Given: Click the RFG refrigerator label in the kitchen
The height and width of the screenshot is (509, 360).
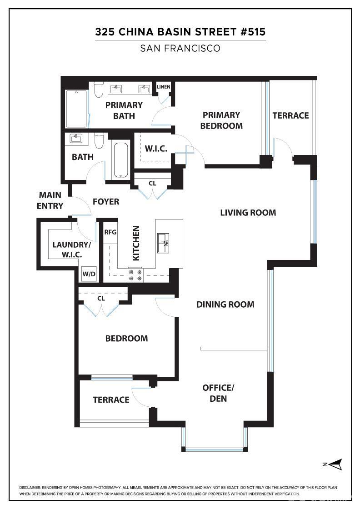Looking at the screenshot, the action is tap(110, 232).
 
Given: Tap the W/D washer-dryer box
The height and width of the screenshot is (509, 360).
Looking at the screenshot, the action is tap(89, 274).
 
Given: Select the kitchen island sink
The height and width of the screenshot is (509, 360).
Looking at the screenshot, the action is tap(163, 243).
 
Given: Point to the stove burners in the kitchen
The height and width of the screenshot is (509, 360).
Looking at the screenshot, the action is tap(135, 275).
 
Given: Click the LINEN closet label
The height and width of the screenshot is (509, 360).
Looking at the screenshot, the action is tap(163, 87).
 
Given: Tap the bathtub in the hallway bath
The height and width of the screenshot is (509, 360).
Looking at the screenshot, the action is tap(121, 160).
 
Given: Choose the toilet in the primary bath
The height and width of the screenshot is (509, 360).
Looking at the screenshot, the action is tap(99, 90).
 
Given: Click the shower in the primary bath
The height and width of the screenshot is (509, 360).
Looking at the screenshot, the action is tap(77, 109).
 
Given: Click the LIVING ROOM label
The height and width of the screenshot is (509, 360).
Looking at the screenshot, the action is tap(248, 213).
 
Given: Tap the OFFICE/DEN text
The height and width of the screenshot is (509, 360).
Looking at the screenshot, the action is tap(218, 393).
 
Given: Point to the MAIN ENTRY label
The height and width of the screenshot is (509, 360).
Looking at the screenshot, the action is tap(50, 200).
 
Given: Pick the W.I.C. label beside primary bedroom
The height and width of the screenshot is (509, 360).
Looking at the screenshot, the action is tap(156, 149).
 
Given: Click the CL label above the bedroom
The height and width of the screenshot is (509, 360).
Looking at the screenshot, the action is tap(101, 298).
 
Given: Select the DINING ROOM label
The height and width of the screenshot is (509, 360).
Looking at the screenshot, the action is tap(225, 304).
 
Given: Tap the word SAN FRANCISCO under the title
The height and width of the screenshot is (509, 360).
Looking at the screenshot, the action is tap(180, 48).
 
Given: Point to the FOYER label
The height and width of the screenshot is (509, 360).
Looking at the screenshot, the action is tap(106, 202).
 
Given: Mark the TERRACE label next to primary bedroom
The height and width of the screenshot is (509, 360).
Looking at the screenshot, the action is tap(290, 115).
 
